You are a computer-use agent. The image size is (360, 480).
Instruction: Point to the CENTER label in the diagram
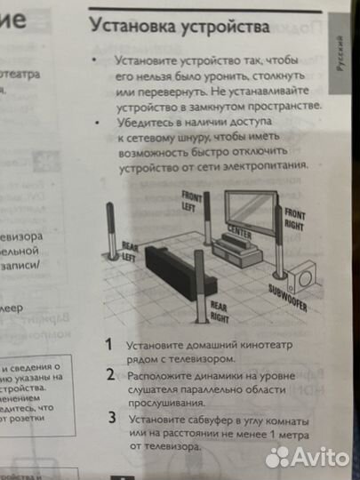tap(239, 231)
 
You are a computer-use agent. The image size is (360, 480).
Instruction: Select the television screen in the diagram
tap(250, 209)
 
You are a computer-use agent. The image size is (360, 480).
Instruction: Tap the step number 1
tap(108, 343)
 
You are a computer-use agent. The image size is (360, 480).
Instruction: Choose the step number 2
tap(110, 374)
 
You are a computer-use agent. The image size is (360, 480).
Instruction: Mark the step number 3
tap(112, 416)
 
